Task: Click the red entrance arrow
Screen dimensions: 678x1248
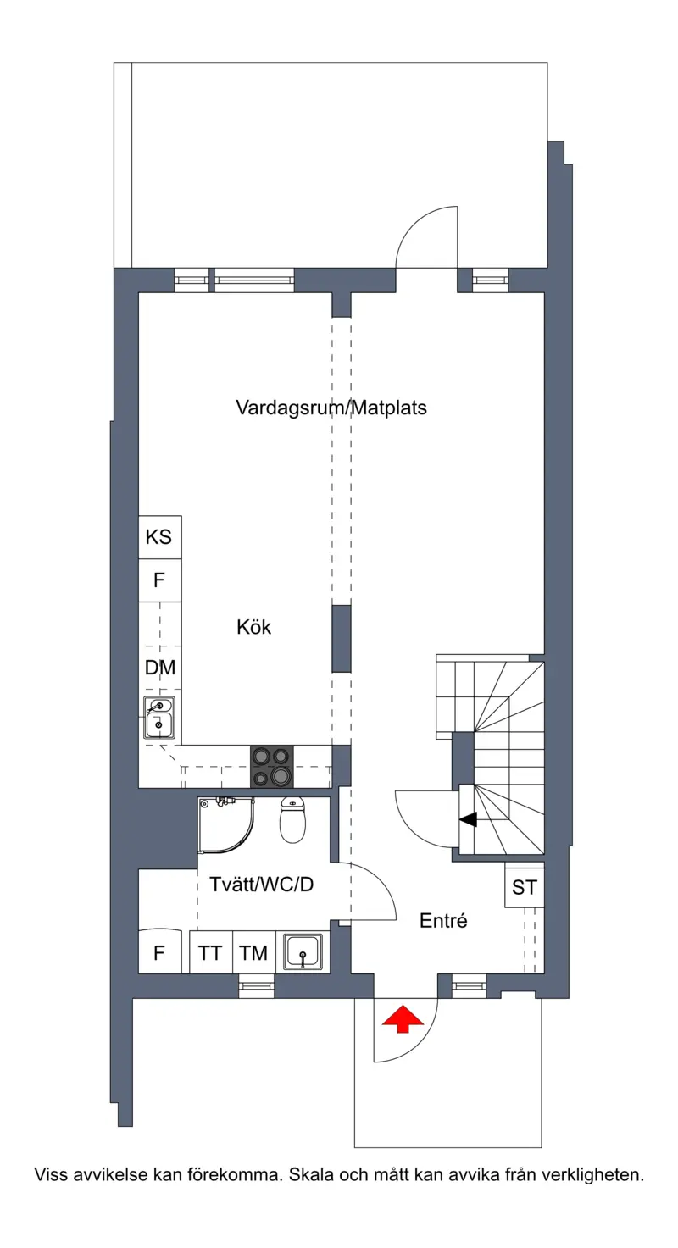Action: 403,1018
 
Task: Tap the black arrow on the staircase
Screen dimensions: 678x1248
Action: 469,819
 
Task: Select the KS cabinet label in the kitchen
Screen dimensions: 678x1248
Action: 158,537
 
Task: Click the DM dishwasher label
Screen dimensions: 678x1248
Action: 160,667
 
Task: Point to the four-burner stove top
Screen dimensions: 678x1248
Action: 272,766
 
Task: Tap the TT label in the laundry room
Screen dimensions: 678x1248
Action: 210,953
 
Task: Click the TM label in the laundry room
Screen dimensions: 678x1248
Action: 253,953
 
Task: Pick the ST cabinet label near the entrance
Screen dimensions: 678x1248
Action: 525,888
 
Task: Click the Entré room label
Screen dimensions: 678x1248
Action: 443,920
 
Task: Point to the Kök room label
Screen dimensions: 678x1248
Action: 254,627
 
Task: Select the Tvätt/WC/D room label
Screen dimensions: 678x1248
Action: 261,885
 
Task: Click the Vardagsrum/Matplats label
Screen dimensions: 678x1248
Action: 331,408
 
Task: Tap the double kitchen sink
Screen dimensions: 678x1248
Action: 159,718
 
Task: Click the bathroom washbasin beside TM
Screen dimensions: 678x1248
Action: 303,951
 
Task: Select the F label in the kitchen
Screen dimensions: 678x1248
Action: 158,580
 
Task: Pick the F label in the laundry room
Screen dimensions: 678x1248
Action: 158,953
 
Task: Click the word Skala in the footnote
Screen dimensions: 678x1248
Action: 311,1175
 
